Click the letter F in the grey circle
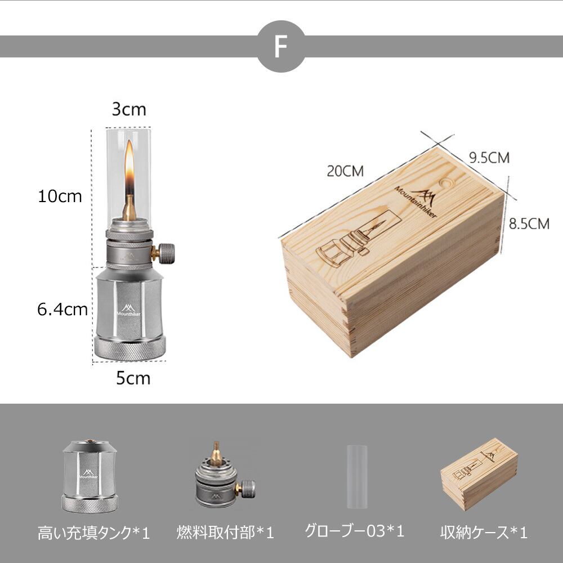tap(281, 46)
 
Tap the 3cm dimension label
tap(129, 109)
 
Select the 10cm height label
tap(60, 196)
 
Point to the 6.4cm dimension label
tap(62, 310)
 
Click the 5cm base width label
tap(133, 378)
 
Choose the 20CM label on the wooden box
tap(345, 171)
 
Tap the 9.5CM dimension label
tap(489, 158)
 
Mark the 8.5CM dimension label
tap(529, 224)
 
